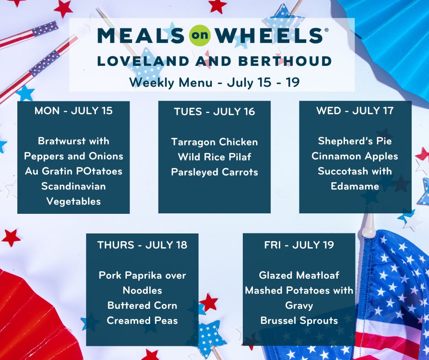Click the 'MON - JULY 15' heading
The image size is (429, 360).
pyautogui.click(x=73, y=111)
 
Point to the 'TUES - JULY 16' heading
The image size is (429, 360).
pyautogui.click(x=214, y=112)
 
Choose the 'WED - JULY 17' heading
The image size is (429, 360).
pyautogui.click(x=355, y=111)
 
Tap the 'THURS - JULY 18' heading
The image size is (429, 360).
pyautogui.click(x=142, y=245)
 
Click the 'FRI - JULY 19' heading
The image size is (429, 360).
pyautogui.click(x=299, y=245)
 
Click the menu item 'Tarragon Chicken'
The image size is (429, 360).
pyautogui.click(x=214, y=142)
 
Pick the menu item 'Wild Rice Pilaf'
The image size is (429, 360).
pyautogui.click(x=214, y=157)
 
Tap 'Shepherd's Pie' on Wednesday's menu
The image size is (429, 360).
pyautogui.click(x=355, y=141)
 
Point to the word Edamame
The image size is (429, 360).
pyautogui.click(x=355, y=186)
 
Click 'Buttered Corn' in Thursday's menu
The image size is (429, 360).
pyautogui.click(x=142, y=305)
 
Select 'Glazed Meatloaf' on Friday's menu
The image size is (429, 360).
pyautogui.click(x=299, y=275)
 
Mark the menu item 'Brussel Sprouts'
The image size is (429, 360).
pyautogui.click(x=299, y=320)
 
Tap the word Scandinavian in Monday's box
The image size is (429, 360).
pyautogui.click(x=73, y=186)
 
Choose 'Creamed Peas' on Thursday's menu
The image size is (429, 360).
pyautogui.click(x=142, y=320)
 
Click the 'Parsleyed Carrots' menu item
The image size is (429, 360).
pyautogui.click(x=214, y=172)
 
